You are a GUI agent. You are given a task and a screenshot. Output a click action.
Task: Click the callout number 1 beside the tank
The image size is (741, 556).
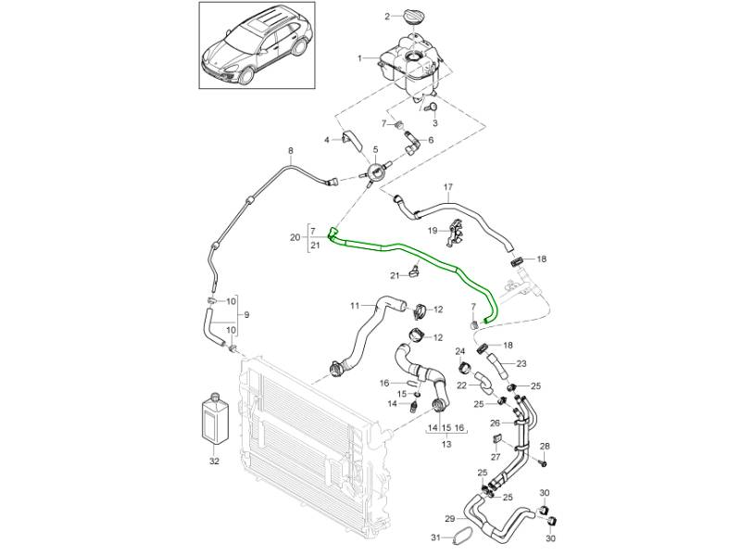(x=361, y=58)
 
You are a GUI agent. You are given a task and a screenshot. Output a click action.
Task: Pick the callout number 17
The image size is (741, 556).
(x=448, y=187)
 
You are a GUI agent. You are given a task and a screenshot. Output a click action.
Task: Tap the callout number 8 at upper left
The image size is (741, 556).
(x=290, y=151)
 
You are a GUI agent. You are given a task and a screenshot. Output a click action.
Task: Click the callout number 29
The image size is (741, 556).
(x=449, y=518)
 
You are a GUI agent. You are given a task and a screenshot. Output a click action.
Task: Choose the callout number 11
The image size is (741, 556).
(x=354, y=307)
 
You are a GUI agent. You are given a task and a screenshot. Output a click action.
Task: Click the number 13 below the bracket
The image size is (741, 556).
(x=446, y=445)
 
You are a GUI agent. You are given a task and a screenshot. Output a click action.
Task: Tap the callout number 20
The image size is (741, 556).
(x=295, y=237)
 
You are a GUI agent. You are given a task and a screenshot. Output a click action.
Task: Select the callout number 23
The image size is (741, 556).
(x=521, y=364)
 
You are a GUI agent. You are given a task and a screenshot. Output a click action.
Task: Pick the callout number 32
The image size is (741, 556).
(x=214, y=461)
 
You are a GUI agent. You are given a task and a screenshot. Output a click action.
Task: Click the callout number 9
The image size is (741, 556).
(x=246, y=314)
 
